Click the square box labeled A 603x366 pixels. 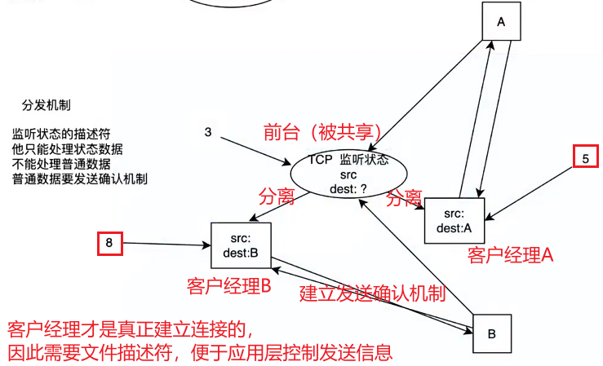point(501,23)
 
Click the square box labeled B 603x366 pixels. point(492,333)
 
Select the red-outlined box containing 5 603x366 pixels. point(584,160)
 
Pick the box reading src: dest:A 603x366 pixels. point(454,220)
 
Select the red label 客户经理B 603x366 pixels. point(228,286)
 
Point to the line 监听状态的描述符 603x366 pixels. point(61,134)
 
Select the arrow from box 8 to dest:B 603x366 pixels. point(163,243)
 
